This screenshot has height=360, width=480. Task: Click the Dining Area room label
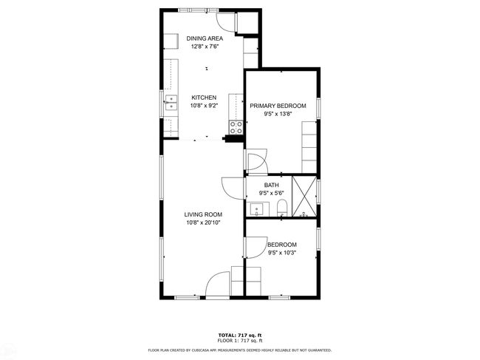coord(205,38)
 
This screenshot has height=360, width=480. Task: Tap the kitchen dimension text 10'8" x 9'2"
coord(204,106)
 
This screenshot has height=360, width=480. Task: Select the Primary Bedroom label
coord(278,106)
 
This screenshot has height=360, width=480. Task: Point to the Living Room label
coord(203,215)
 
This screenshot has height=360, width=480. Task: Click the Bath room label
coord(272,185)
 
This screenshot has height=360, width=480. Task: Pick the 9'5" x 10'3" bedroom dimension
coord(282,253)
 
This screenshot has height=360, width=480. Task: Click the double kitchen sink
coord(171,103)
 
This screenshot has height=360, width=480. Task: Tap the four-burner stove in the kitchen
coord(236,127)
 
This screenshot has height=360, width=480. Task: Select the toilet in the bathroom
coord(282,208)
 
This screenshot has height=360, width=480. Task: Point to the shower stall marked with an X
coord(304,196)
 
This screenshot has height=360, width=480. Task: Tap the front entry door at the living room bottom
coord(218,283)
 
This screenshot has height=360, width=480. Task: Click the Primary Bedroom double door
coord(257,161)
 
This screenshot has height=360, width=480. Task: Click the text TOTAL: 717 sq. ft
coord(240,336)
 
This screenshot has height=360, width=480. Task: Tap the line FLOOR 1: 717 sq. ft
coord(240,340)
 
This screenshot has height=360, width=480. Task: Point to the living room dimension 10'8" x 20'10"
coord(203,223)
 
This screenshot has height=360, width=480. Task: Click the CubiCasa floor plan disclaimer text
coord(240,350)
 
